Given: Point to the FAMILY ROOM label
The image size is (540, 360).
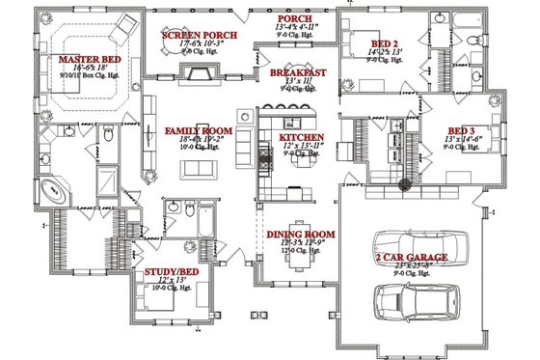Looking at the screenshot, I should point(197,130).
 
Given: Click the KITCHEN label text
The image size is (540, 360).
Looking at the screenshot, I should point(301,138).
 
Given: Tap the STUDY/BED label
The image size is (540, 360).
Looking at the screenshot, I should point(173,272).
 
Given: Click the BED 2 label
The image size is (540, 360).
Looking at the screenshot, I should point(384,43).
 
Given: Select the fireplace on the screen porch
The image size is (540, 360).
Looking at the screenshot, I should point(201,75).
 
